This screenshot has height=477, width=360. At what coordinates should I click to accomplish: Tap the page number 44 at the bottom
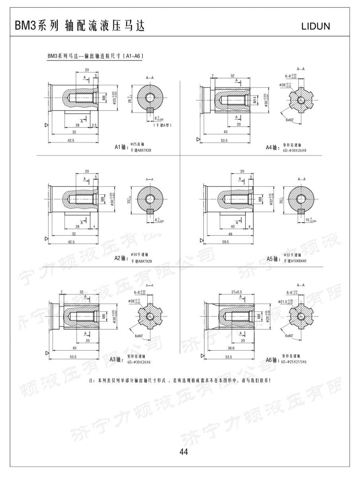[183, 452]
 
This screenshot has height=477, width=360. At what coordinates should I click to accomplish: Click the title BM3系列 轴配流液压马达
[80, 26]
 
